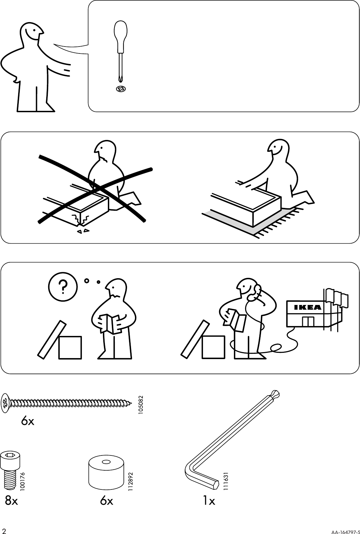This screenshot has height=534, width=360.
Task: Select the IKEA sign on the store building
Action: pyautogui.click(x=308, y=307)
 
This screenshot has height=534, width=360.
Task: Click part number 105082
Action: pyautogui.click(x=141, y=405)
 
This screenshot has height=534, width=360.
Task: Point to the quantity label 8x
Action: pyautogui.click(x=11, y=501)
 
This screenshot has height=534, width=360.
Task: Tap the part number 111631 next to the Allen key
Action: pyautogui.click(x=226, y=481)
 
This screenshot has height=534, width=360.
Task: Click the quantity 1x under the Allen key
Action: pyautogui.click(x=209, y=501)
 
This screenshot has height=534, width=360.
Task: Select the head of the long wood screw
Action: pyautogui.click(x=5, y=403)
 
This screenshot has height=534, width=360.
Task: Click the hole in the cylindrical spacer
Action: pyautogui.click(x=106, y=462)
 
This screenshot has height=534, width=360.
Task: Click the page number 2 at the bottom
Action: pyautogui.click(x=4, y=530)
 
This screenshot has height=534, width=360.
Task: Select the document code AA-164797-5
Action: pyautogui.click(x=345, y=530)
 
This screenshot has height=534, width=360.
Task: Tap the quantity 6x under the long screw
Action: pyautogui.click(x=28, y=421)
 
